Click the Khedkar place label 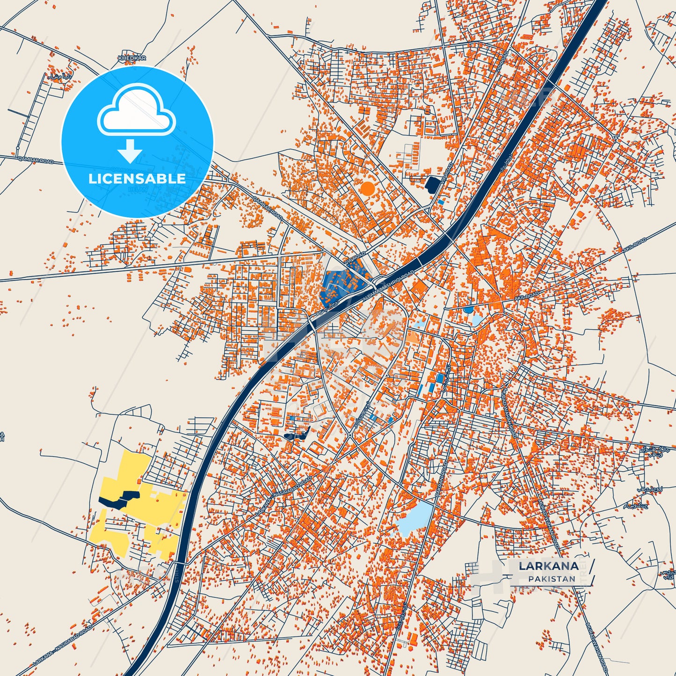pos(132,58)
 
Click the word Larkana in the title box pos(548,566)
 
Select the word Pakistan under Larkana pos(552,579)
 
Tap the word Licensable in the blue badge pos(137,179)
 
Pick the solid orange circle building pos(368,189)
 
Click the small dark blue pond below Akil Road pos(468,310)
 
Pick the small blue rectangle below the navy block pos(441,202)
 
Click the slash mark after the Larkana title pos(593,566)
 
